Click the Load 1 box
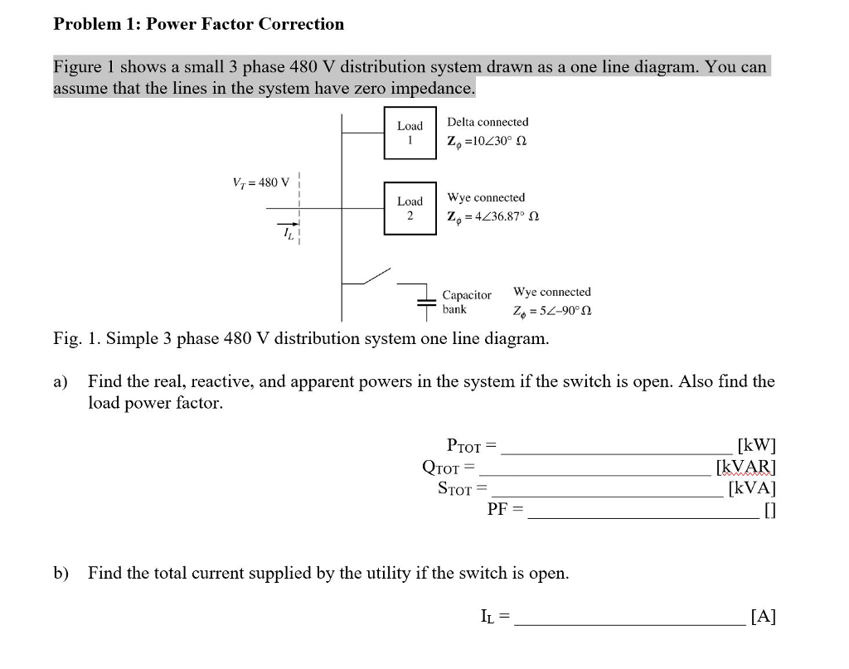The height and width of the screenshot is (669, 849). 410,133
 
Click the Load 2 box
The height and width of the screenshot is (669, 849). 410,208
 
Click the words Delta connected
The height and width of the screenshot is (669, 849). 488,122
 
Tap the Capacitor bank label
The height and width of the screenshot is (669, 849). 466,302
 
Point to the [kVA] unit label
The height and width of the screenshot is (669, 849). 751,488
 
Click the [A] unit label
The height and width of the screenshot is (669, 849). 762,616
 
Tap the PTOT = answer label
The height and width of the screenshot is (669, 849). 471,446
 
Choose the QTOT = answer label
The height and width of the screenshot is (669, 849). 448,468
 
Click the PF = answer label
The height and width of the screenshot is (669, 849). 505,509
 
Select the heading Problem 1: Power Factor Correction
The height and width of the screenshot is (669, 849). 198,24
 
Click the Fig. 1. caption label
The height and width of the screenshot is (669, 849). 300,338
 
